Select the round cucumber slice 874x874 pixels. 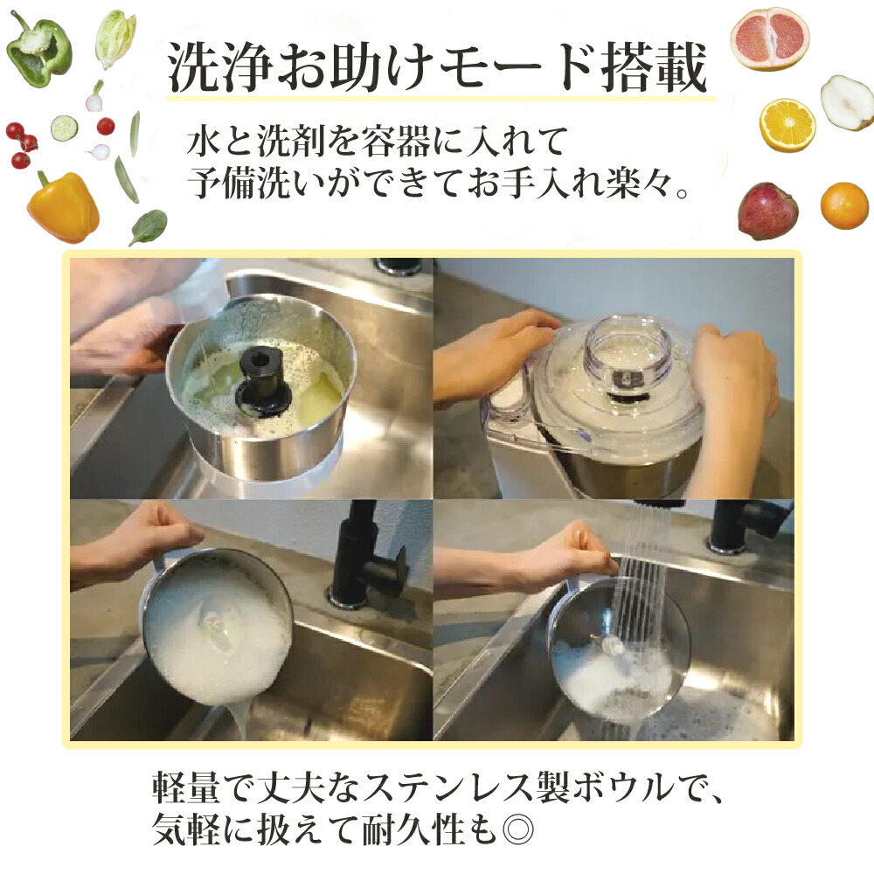point(64,128)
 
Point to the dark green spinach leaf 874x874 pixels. point(149,226)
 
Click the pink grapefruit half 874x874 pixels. point(769,38)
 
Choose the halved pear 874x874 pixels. point(847,102)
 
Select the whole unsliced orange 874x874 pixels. point(844,205)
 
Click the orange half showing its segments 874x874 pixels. point(787,125)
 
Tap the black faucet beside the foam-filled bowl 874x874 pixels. point(367,559)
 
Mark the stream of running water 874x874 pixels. point(642,594)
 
